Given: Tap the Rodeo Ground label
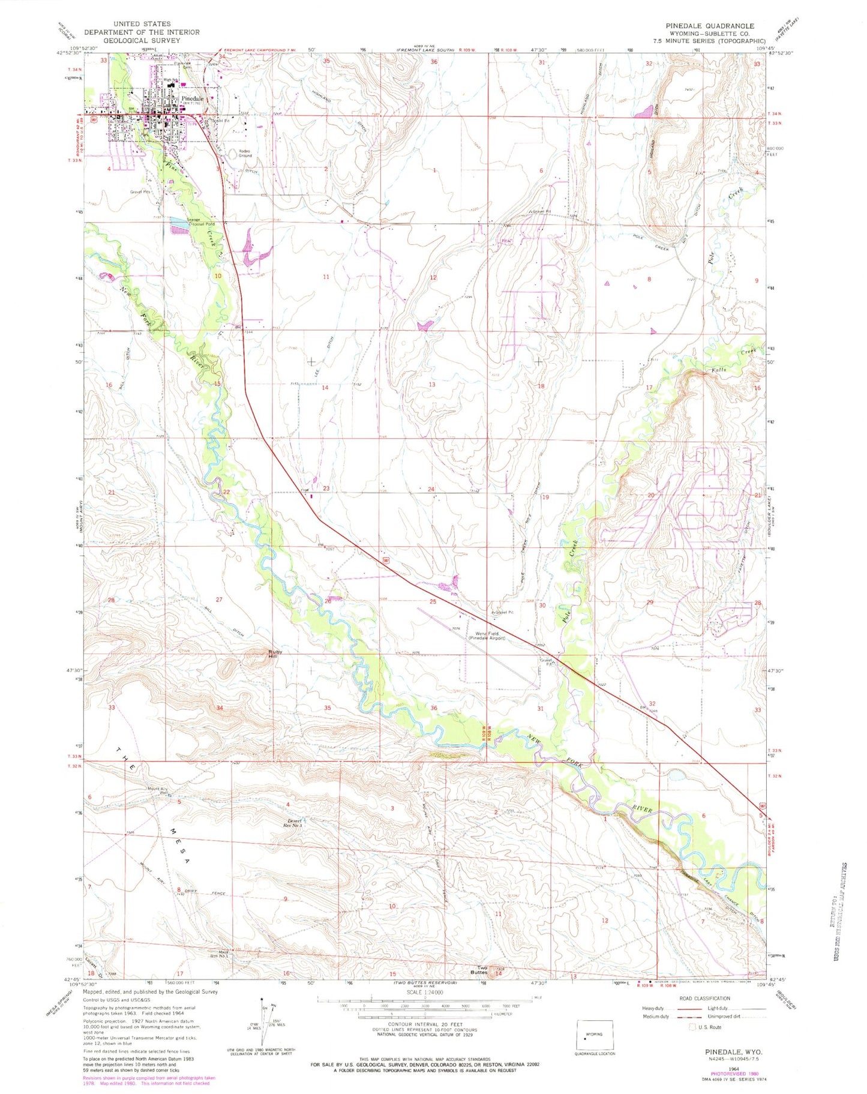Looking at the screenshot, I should (244, 153).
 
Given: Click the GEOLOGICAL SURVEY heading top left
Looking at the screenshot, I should (142, 40).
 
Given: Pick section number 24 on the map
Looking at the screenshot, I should (431, 489).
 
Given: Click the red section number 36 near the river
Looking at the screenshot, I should (434, 708).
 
